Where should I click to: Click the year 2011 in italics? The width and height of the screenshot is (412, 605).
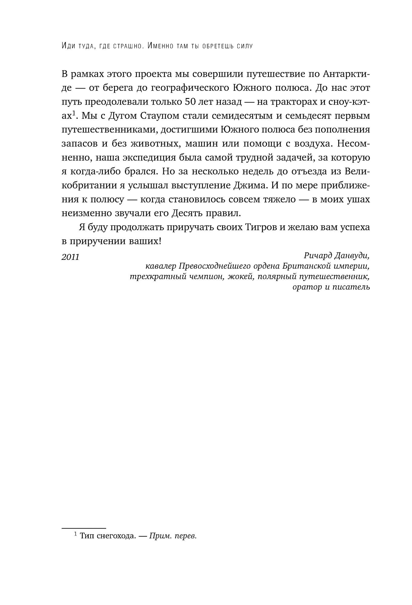[70, 257]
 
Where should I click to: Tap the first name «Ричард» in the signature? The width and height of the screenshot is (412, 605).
[317, 256]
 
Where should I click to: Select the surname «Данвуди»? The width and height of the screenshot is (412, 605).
[352, 256]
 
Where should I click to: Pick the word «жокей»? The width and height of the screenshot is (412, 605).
[241, 276]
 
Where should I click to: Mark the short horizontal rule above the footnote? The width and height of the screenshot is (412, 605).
[84, 528]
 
